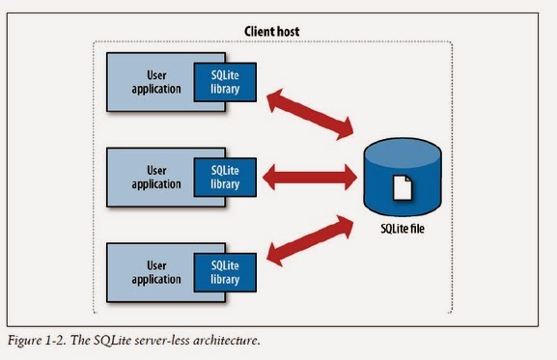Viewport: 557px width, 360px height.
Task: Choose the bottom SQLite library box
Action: click(224, 270)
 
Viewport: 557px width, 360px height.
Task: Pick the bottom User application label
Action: click(154, 270)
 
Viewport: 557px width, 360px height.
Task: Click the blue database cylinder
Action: click(404, 179)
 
